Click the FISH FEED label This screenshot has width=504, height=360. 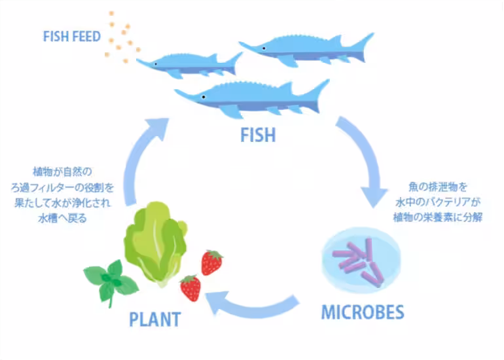pyautogui.click(x=72, y=36)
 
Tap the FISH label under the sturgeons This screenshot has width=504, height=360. pyautogui.click(x=258, y=135)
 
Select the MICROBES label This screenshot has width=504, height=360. pyautogui.click(x=363, y=312)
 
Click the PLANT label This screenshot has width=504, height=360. pyautogui.click(x=155, y=319)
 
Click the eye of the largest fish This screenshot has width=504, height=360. pyautogui.click(x=204, y=97)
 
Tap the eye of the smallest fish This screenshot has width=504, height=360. pyautogui.click(x=156, y=64)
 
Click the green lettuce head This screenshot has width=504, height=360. pyautogui.click(x=156, y=244)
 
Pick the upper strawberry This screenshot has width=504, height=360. pyautogui.click(x=211, y=262)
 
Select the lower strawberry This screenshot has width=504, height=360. pyautogui.click(x=190, y=288)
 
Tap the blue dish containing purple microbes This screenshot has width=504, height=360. pyautogui.click(x=361, y=261)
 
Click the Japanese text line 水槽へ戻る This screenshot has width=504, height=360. pyautogui.click(x=62, y=219)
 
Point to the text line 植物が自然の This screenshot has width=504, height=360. pyautogui.click(x=62, y=171)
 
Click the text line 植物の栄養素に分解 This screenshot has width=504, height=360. pyautogui.click(x=438, y=217)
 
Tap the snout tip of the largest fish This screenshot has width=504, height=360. pyautogui.click(x=175, y=90)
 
